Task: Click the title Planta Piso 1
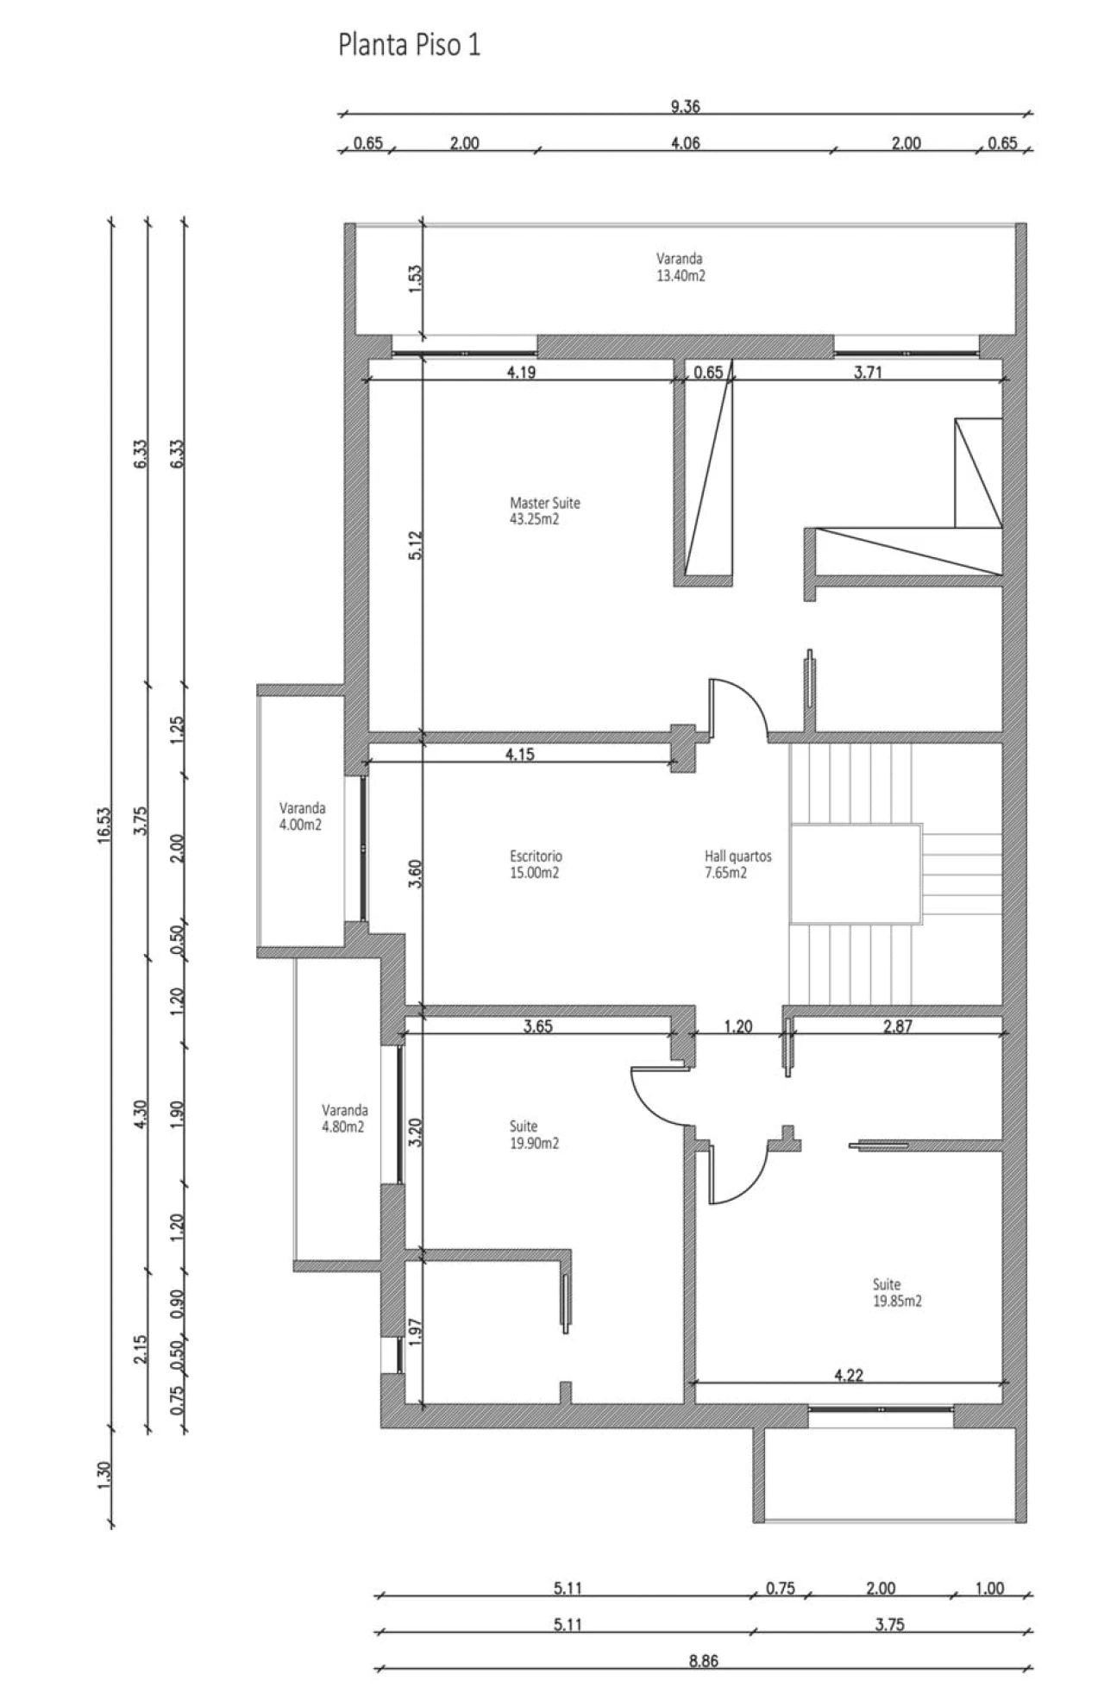[409, 45]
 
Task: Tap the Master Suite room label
[544, 511]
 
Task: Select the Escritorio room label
[536, 864]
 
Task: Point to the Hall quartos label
[737, 864]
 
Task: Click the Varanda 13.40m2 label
[680, 267]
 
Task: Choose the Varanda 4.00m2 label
[302, 816]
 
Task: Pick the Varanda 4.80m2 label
[344, 1118]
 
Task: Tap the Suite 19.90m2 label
[534, 1134]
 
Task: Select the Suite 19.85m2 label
[897, 1292]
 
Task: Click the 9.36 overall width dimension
[685, 107]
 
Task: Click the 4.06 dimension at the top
[685, 143]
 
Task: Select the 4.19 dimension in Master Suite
[521, 373]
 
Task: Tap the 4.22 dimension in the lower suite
[849, 1376]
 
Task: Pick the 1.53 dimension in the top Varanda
[415, 279]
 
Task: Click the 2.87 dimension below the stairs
[898, 1026]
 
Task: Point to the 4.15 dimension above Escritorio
[520, 754]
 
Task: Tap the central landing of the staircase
[855, 874]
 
